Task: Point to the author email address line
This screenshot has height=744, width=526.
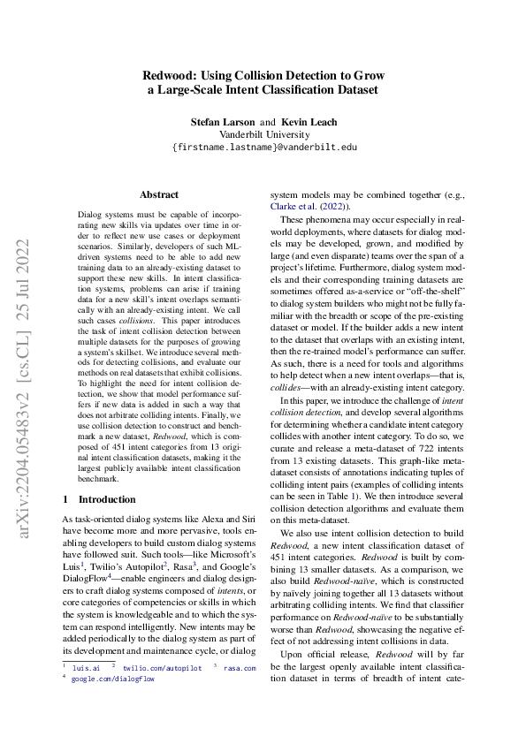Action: [x=263, y=148]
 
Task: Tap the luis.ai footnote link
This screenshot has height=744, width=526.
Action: [x=86, y=669]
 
